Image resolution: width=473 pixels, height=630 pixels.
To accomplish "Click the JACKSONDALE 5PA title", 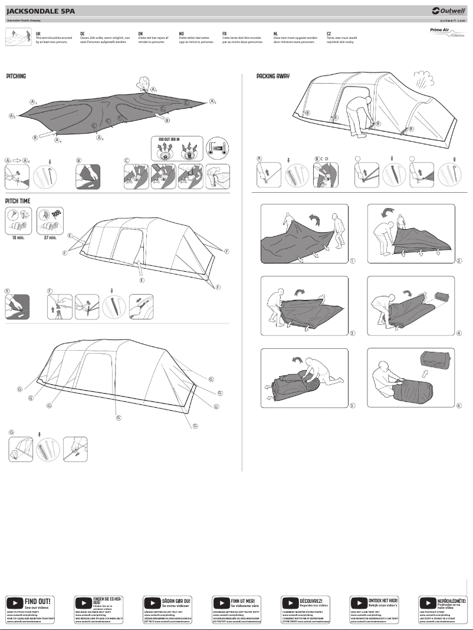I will (37, 11).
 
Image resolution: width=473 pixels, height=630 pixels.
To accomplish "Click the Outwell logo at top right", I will (448, 11).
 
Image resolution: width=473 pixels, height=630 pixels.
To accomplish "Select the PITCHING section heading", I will (16, 77).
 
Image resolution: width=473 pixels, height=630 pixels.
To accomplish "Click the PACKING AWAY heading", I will (272, 77).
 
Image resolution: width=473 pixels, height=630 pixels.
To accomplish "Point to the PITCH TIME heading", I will (18, 201).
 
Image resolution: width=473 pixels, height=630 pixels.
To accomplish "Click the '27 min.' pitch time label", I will (50, 238).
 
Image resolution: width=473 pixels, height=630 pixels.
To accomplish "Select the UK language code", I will (38, 34).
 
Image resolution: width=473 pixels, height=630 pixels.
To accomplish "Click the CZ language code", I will (329, 34).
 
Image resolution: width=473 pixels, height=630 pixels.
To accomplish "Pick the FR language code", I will (224, 34).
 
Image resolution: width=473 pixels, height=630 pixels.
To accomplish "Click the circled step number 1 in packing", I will (352, 260).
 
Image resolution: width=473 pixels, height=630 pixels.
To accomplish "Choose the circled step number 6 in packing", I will (459, 405).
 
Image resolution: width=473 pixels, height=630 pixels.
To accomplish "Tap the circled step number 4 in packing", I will (459, 333).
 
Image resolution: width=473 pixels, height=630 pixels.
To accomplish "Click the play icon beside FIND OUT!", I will (14, 603).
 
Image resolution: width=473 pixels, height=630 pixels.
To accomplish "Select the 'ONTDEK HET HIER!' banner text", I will (383, 601).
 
